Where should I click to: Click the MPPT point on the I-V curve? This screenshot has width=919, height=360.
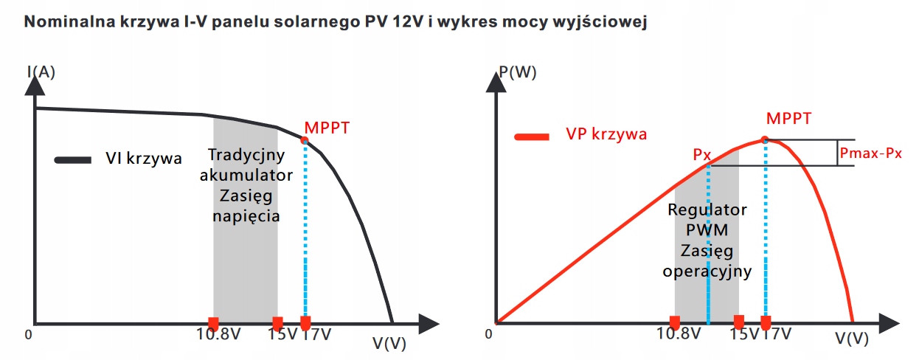coord(305,139)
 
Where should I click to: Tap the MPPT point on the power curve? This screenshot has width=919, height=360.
coord(765,139)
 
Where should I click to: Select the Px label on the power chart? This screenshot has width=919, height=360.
coord(701,156)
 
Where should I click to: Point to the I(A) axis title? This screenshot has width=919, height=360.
coord(41,72)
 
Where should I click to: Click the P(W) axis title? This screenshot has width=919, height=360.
coord(517,72)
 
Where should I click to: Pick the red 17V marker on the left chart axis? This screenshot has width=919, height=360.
coord(305,323)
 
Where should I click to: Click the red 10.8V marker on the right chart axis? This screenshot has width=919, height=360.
coord(674,322)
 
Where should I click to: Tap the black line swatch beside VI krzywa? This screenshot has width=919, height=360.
coord(72,159)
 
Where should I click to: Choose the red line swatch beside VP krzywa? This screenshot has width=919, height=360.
coord(533,136)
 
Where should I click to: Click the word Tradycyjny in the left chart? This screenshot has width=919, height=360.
coord(245,156)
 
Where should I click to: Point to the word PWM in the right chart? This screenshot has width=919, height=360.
coord(707,230)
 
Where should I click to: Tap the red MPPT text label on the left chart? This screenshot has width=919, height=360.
coord(326,128)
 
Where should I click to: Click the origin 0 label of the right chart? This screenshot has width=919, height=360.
coord(488,334)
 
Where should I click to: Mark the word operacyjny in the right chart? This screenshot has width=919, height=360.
coord(707,271)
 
